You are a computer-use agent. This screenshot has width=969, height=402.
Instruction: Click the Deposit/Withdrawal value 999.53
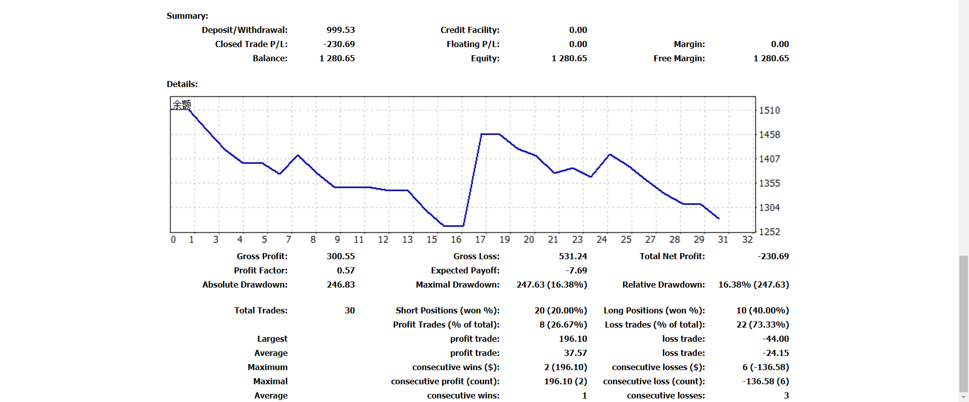click(x=341, y=30)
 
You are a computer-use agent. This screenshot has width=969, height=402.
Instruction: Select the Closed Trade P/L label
click(x=251, y=44)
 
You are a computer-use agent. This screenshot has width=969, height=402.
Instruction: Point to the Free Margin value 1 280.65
click(x=771, y=58)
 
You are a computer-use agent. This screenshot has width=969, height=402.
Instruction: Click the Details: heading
click(x=182, y=84)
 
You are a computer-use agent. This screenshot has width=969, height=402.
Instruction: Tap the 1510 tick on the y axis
click(x=769, y=110)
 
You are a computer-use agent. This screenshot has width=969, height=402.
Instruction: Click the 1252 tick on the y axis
click(x=769, y=232)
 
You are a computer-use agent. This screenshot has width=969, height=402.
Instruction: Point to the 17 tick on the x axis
click(x=480, y=239)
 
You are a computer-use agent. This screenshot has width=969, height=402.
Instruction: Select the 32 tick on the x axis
click(x=747, y=239)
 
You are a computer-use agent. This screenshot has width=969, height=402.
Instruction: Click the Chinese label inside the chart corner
click(x=182, y=105)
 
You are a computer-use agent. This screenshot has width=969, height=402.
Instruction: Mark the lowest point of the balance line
click(x=453, y=226)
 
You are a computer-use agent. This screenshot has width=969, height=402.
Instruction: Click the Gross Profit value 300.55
click(x=341, y=256)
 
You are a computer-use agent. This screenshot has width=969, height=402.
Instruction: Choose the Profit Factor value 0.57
click(x=346, y=270)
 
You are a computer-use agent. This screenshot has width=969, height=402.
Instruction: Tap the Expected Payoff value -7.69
click(x=576, y=270)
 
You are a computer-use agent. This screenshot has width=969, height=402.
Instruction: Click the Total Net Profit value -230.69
click(x=773, y=256)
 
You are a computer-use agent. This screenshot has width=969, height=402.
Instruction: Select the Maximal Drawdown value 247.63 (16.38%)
click(x=552, y=285)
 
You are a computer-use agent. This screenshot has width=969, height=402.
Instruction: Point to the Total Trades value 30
click(x=350, y=310)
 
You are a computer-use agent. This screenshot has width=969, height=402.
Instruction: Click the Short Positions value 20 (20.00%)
click(x=561, y=310)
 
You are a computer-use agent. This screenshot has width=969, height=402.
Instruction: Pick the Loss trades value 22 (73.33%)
click(x=762, y=325)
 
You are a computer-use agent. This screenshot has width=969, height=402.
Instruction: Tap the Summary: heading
click(x=187, y=16)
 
